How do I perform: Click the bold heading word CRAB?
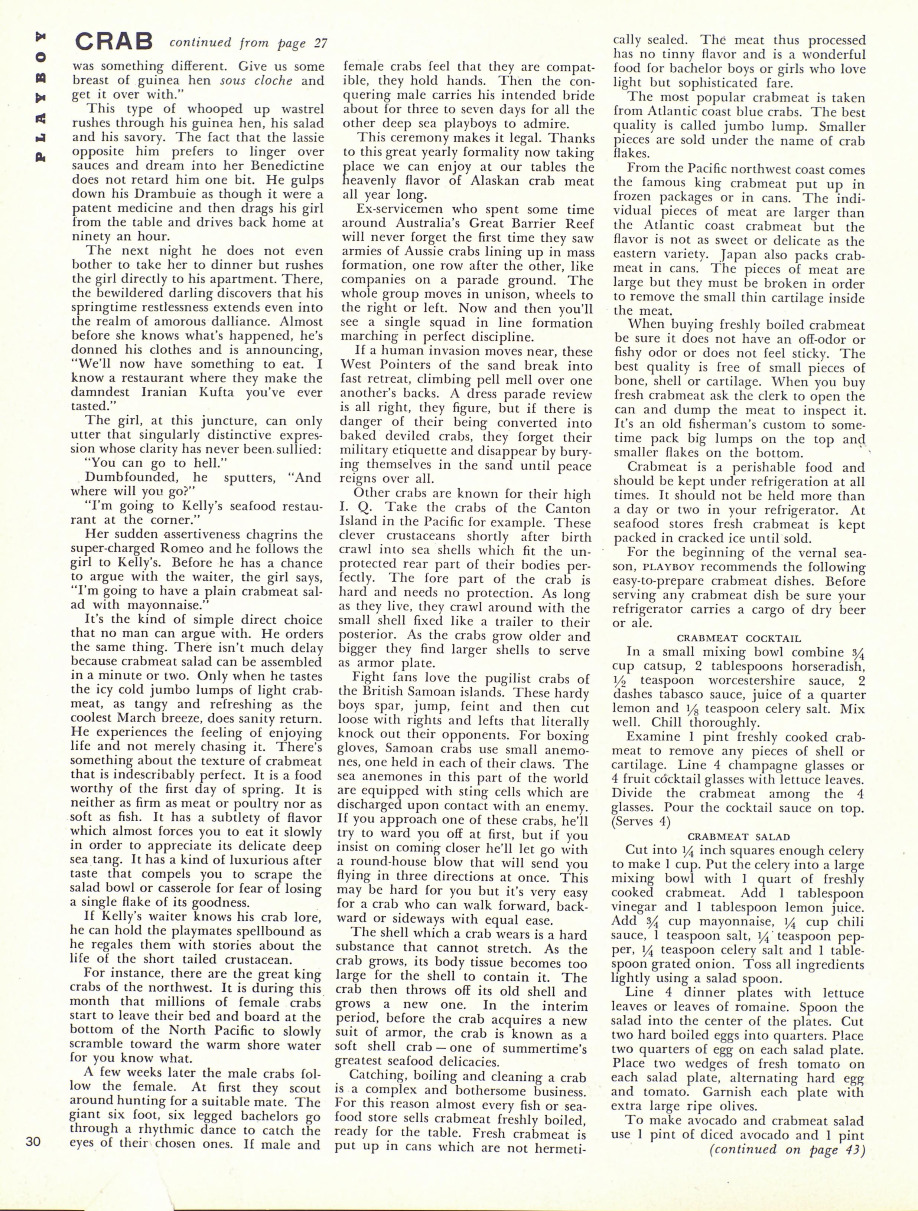tap(114, 41)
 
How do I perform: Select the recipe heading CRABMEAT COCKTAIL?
tap(739, 638)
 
